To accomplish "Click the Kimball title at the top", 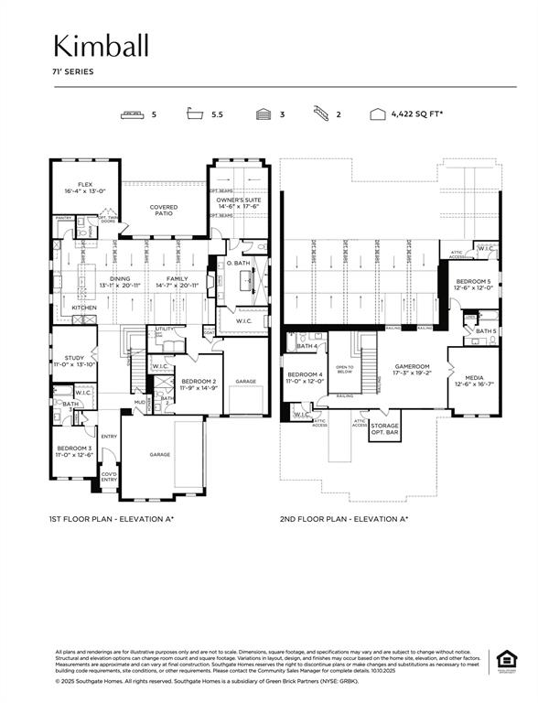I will (x=100, y=46).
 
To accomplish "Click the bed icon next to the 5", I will (x=132, y=115).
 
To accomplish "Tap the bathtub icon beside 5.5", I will (x=193, y=115).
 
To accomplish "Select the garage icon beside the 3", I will (x=263, y=115).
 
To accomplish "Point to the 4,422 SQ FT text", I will (x=417, y=115).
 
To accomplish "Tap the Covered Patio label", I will (x=164, y=210).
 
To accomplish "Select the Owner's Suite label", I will (x=239, y=202).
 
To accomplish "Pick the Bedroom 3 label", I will (x=74, y=450).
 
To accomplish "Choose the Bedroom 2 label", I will (x=198, y=384).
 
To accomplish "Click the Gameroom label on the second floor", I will (x=412, y=369).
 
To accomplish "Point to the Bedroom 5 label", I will (x=473, y=284).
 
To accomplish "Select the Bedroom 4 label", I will (x=305, y=377).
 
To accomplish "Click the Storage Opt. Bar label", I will (x=385, y=428).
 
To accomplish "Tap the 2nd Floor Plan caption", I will (x=344, y=519).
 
